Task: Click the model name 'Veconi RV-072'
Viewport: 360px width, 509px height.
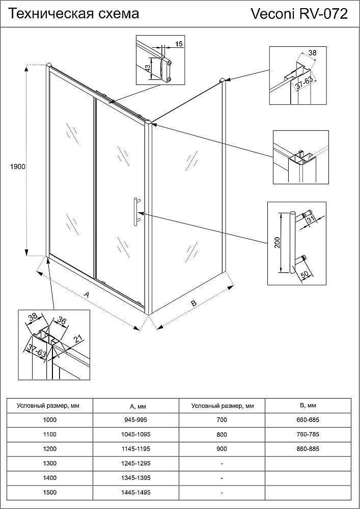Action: point(299,15)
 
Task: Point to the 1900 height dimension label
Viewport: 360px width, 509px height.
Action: point(17,166)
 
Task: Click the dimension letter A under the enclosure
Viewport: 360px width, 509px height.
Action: point(87,295)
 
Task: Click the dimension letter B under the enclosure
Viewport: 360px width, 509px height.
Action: point(193,303)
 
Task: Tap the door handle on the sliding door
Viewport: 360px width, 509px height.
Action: point(136,210)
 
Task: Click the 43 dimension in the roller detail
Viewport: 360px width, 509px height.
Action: point(148,68)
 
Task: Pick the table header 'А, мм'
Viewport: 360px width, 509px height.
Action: point(137,406)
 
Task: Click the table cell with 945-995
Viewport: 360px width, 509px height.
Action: point(137,420)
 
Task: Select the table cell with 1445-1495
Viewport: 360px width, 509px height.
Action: point(137,493)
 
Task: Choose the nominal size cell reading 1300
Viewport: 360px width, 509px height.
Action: point(51,464)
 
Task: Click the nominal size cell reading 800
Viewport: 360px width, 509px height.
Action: point(222,435)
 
